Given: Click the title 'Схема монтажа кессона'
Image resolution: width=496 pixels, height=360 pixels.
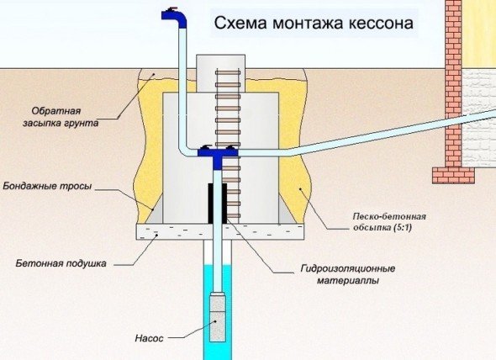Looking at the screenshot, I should tap(314, 24).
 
